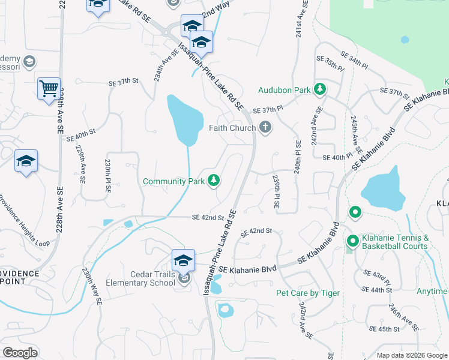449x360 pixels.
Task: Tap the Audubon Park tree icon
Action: coord(320,90)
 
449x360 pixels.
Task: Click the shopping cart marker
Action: coord(48,88)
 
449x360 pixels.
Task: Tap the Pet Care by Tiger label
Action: coord(307,293)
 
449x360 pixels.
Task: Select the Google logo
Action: coord(20,352)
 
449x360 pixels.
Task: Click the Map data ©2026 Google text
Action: coord(411,355)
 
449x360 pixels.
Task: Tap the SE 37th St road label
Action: coord(123,81)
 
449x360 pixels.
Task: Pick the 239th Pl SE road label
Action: coord(276,192)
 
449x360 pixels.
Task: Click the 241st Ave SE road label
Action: coord(298,24)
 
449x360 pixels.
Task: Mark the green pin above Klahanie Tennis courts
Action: coord(355,212)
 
